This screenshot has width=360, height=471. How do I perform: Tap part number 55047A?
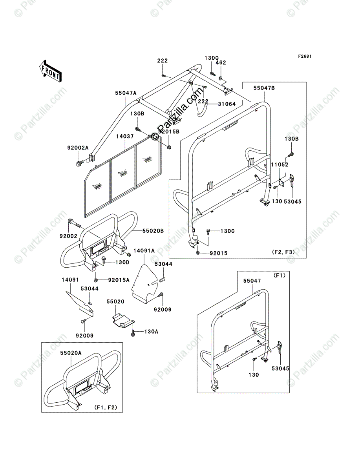(x=126, y=93)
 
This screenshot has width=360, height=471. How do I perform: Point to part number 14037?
(x=125, y=137)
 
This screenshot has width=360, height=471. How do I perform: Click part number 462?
(x=221, y=62)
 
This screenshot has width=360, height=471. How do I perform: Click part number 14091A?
(x=144, y=250)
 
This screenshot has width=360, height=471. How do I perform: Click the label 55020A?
(x=71, y=353)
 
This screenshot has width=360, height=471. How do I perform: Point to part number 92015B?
(x=169, y=131)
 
